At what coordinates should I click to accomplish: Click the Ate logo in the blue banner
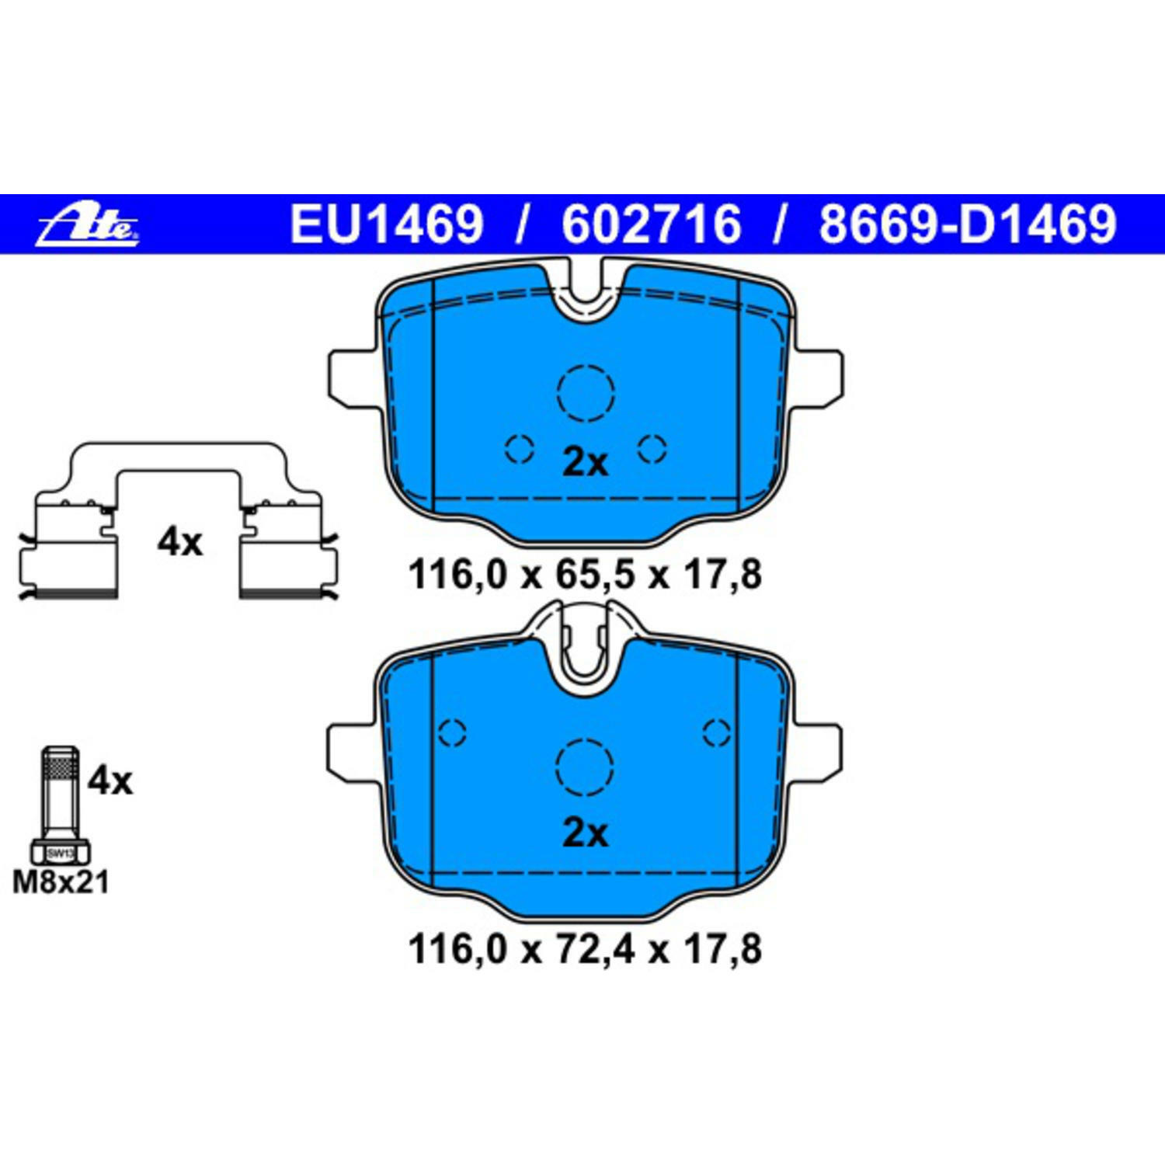[89, 224]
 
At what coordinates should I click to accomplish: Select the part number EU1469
[386, 224]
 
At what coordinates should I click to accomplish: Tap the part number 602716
[651, 224]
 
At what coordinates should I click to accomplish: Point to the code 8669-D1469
[967, 224]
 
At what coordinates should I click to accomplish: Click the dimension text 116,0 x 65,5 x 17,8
[584, 576]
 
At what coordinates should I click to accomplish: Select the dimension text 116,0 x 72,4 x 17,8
[584, 949]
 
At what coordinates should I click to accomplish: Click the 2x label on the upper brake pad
[585, 463]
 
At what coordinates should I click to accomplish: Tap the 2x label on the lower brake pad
[585, 833]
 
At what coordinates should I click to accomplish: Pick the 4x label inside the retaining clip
[179, 541]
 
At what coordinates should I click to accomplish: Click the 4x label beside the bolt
[110, 780]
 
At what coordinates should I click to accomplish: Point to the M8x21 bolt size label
[61, 882]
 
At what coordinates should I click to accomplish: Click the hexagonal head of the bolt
[60, 853]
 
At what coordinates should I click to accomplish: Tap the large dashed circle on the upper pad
[586, 393]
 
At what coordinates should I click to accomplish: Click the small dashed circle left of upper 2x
[519, 448]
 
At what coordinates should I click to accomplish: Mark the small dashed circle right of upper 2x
[652, 448]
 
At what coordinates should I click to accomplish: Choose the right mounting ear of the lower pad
[817, 749]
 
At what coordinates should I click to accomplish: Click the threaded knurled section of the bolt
[60, 770]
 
